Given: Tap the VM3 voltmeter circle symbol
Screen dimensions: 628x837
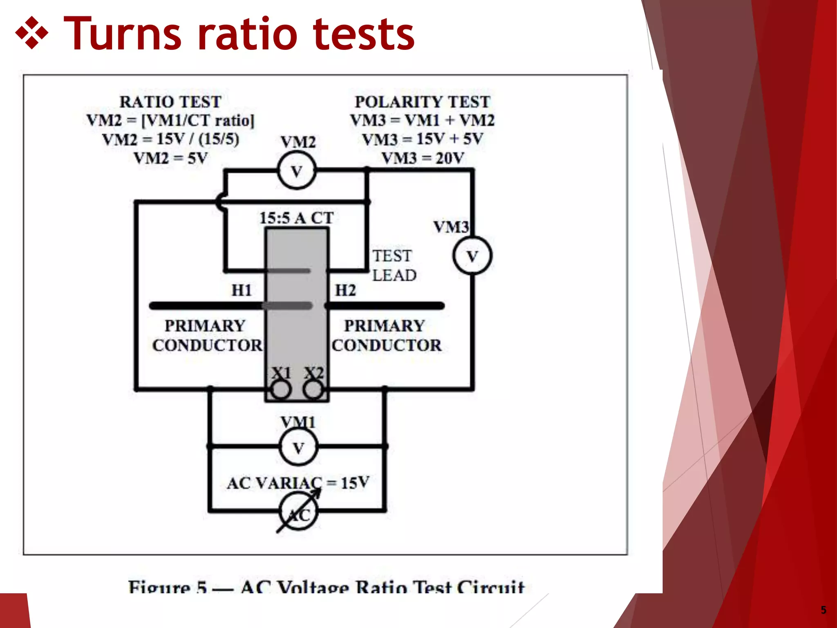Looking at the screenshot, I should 472,256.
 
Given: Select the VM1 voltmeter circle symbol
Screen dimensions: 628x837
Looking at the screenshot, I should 299,447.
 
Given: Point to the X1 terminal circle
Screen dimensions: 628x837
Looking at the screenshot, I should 281,389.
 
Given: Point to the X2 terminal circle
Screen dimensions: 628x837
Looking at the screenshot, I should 314,389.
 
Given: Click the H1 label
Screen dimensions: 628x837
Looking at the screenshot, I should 242,290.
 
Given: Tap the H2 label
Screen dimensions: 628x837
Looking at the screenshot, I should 345,290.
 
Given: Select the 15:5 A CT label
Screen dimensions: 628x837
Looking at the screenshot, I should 297,218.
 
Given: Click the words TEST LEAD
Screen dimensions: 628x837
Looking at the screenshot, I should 394,265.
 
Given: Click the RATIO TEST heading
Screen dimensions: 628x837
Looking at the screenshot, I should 170,102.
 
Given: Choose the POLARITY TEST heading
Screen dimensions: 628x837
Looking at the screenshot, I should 422,102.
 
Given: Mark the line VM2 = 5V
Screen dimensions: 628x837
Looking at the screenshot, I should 170,158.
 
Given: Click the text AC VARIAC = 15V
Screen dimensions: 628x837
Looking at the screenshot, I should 298,483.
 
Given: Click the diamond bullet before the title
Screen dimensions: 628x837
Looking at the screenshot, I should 31,34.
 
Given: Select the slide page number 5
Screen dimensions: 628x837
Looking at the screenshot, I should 823,610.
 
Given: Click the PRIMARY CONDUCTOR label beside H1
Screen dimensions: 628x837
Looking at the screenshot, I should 207,335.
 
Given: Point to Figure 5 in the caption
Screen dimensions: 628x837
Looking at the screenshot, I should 167,587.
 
